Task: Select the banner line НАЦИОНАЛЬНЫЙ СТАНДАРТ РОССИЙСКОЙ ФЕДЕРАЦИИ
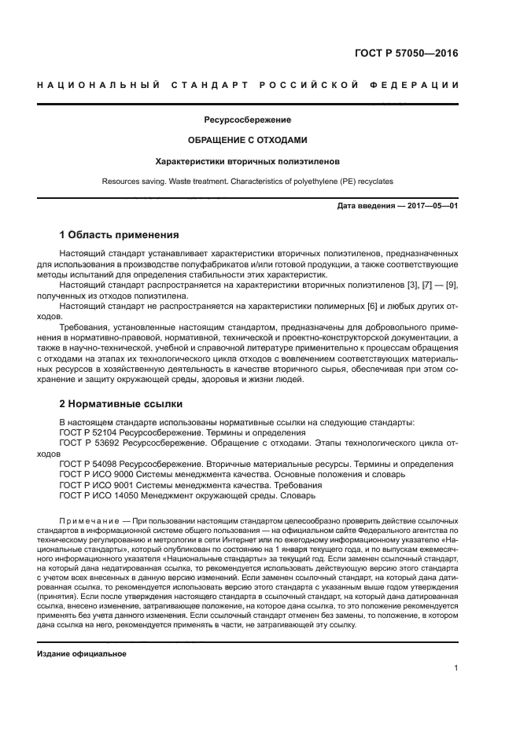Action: [248, 85]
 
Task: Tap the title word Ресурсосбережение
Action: [248, 120]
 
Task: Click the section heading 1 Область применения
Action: [119, 234]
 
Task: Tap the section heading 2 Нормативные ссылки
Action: [121, 404]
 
